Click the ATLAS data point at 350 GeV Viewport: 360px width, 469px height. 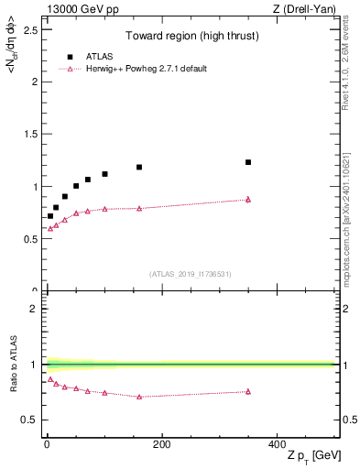point(248,162)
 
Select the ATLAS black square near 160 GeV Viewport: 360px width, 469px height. point(139,167)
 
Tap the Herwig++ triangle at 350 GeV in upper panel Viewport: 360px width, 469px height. point(248,199)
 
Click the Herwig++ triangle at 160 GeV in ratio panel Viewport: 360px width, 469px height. point(139,397)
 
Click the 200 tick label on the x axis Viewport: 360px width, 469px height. point(161,443)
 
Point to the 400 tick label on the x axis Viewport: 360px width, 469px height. point(276,443)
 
